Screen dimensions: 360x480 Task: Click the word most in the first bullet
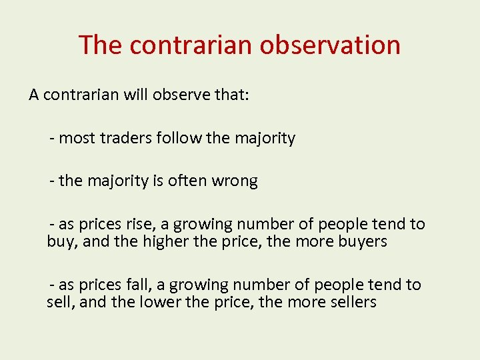tap(77, 138)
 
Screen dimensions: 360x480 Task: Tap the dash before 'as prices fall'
tap(51, 285)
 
